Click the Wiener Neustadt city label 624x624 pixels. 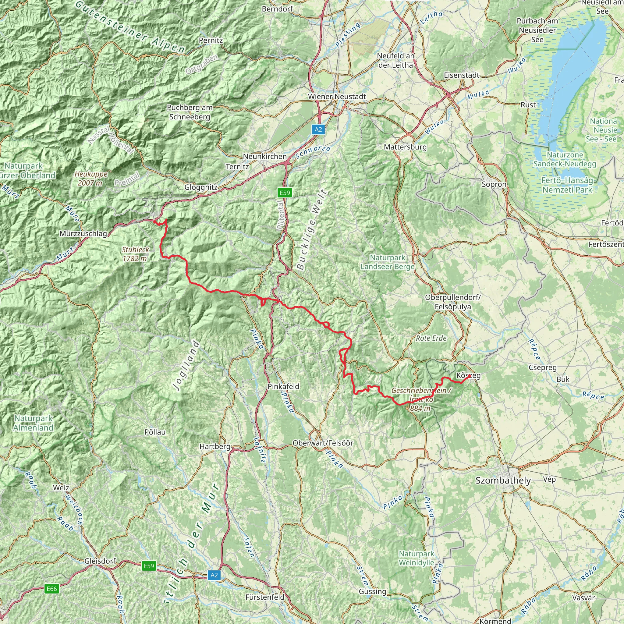(x=337, y=97)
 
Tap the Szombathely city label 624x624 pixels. (x=503, y=480)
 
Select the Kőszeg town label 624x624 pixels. (x=468, y=376)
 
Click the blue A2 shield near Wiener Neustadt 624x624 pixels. (x=318, y=129)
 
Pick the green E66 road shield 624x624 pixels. (x=52, y=589)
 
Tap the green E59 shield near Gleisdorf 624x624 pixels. (x=149, y=566)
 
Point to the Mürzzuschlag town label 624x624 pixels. (x=83, y=233)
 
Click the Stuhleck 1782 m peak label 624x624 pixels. (x=135, y=254)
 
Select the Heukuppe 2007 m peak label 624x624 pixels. (x=91, y=178)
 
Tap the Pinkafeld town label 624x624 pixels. (x=283, y=386)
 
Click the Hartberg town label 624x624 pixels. (x=215, y=446)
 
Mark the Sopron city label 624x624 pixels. (x=494, y=184)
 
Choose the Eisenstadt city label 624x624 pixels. (x=462, y=75)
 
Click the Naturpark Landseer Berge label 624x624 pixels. (x=387, y=262)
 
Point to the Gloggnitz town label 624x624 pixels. (x=201, y=187)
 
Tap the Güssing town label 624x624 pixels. (x=372, y=591)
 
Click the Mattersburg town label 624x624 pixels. (x=405, y=147)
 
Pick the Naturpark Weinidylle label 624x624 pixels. (x=416, y=558)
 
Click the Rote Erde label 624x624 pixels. (x=431, y=338)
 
